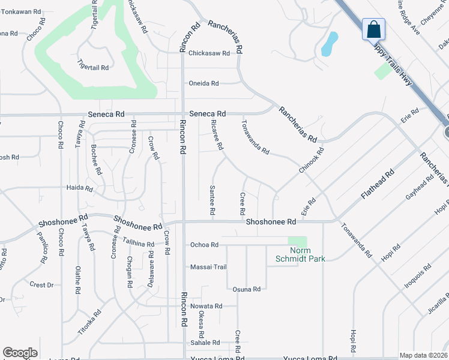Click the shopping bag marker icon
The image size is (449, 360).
pyautogui.click(x=373, y=29)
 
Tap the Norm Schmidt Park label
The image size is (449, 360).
pyautogui.click(x=307, y=254)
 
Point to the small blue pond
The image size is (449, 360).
pyautogui.click(x=329, y=43)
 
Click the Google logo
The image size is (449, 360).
pyautogui.click(x=20, y=353)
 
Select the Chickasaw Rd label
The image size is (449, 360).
pyautogui.click(x=209, y=53)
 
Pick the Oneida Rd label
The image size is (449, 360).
pyautogui.click(x=204, y=83)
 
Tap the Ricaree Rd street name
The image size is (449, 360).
pyautogui.click(x=217, y=134)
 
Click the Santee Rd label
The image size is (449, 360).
pyautogui.click(x=212, y=200)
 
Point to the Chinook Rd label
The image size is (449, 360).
pyautogui.click(x=312, y=161)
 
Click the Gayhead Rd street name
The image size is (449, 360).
pyautogui.click(x=420, y=188)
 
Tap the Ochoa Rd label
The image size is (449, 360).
pyautogui.click(x=203, y=245)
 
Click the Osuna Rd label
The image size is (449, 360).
pyautogui.click(x=246, y=289)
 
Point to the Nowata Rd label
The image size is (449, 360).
pyautogui.click(x=206, y=306)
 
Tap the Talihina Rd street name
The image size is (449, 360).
pyautogui.click(x=138, y=242)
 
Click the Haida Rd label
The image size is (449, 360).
pyautogui.click(x=80, y=188)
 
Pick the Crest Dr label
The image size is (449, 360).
pyautogui.click(x=41, y=285)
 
